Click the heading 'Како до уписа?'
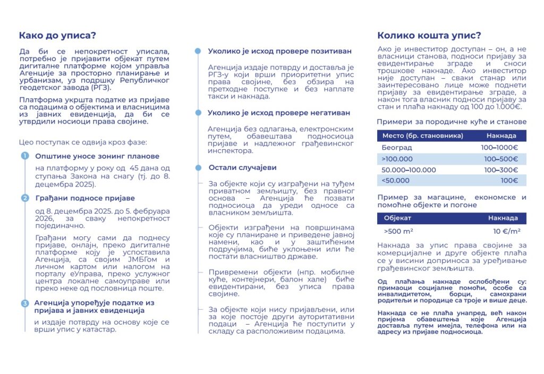pos(57,36)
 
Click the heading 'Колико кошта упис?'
pos(429,36)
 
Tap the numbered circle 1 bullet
pos(24,156)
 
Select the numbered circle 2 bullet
pos(24,198)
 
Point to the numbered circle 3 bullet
pos(24,303)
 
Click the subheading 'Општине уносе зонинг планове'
pos(97,156)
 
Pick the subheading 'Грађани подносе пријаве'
pos(85,198)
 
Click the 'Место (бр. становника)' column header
pos(422,135)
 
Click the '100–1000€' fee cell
pos(499,147)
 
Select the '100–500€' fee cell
pos(501,158)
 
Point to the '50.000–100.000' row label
pos(409,169)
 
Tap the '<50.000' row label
pos(396,181)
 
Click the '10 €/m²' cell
pos(505,231)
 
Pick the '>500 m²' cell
pos(398,231)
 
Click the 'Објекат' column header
pos(397,218)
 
